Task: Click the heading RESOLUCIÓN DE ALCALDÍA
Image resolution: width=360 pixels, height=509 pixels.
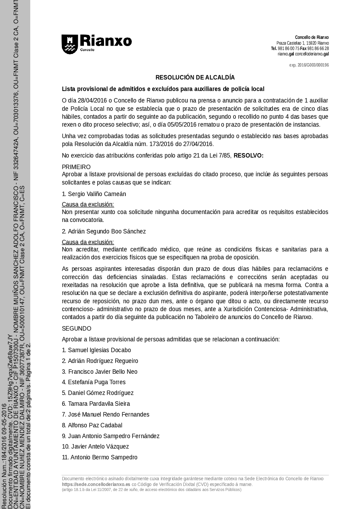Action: point(195,77)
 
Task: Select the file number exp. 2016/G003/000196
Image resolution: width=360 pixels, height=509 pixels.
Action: point(309,65)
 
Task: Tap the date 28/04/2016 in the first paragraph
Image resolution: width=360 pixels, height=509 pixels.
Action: point(91,100)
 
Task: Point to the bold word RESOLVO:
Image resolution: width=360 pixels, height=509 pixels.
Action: point(248,155)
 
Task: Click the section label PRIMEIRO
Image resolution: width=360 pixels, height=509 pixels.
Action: point(76,167)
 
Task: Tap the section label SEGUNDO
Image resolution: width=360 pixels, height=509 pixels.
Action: point(77,328)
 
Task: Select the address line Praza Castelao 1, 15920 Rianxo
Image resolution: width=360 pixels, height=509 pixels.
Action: point(302,43)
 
